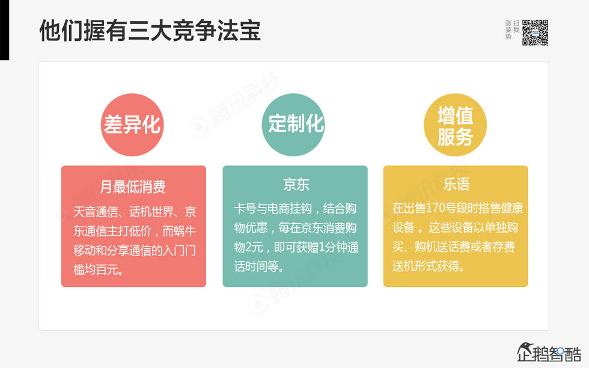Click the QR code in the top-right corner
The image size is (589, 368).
tap(535, 32)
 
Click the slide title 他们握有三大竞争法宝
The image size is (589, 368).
tap(150, 31)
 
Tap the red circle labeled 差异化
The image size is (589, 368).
tap(132, 124)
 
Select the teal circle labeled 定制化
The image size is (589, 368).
tap(295, 124)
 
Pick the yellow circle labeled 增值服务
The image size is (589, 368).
tap(455, 124)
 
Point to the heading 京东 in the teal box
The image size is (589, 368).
tap(296, 184)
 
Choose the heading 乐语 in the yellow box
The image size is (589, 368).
tap(456, 184)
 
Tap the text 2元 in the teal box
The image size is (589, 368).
tap(260, 247)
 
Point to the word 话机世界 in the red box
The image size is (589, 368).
tap(150, 212)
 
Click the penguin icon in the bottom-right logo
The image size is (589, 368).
tap(527, 352)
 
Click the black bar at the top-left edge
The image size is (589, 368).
tap(4, 30)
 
